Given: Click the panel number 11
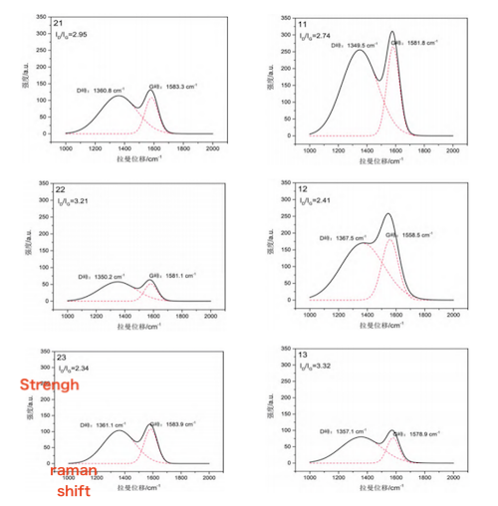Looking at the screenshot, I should click(x=303, y=22).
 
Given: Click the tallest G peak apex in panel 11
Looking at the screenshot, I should click(x=391, y=32).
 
